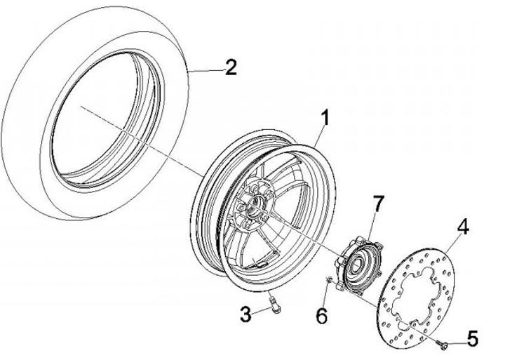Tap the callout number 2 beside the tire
tap(230, 67)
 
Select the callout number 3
tap(245, 314)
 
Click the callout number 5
tap(471, 340)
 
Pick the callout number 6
tap(321, 316)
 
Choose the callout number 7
tap(378, 204)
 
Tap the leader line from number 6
tap(325, 298)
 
